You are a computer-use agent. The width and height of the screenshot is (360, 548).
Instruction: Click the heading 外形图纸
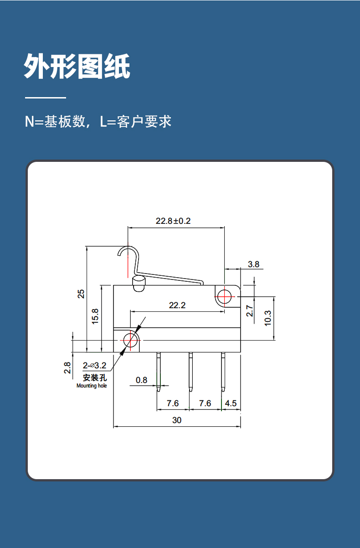77,66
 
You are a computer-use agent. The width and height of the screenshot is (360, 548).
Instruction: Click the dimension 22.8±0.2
173,221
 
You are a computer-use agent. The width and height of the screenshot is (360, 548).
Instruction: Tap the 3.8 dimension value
254,264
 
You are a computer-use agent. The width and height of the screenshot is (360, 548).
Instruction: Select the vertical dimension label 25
81,294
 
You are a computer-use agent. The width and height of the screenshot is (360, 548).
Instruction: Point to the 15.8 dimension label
95,316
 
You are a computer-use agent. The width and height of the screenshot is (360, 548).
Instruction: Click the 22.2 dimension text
177,305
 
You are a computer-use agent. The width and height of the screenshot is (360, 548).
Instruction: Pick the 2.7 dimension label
249,310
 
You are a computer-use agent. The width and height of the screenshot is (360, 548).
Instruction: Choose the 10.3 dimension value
268,318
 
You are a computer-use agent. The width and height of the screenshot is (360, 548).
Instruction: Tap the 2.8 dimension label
67,368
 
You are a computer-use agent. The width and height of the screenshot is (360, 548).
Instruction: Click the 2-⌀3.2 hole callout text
94,365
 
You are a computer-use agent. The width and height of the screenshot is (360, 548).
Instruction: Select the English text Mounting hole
92,386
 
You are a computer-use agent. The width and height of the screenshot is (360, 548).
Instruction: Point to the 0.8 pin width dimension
141,380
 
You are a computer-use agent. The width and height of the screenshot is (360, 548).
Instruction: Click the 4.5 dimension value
231,403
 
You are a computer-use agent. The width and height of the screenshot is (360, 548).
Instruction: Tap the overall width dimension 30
177,420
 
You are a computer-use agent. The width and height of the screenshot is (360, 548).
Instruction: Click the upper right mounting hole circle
224,296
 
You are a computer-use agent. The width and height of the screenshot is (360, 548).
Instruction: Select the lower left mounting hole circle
130,340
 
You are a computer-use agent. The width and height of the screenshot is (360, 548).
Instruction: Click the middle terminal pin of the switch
190,372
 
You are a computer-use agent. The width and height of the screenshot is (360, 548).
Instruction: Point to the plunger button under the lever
139,284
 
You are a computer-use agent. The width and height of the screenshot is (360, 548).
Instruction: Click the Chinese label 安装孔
95,377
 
